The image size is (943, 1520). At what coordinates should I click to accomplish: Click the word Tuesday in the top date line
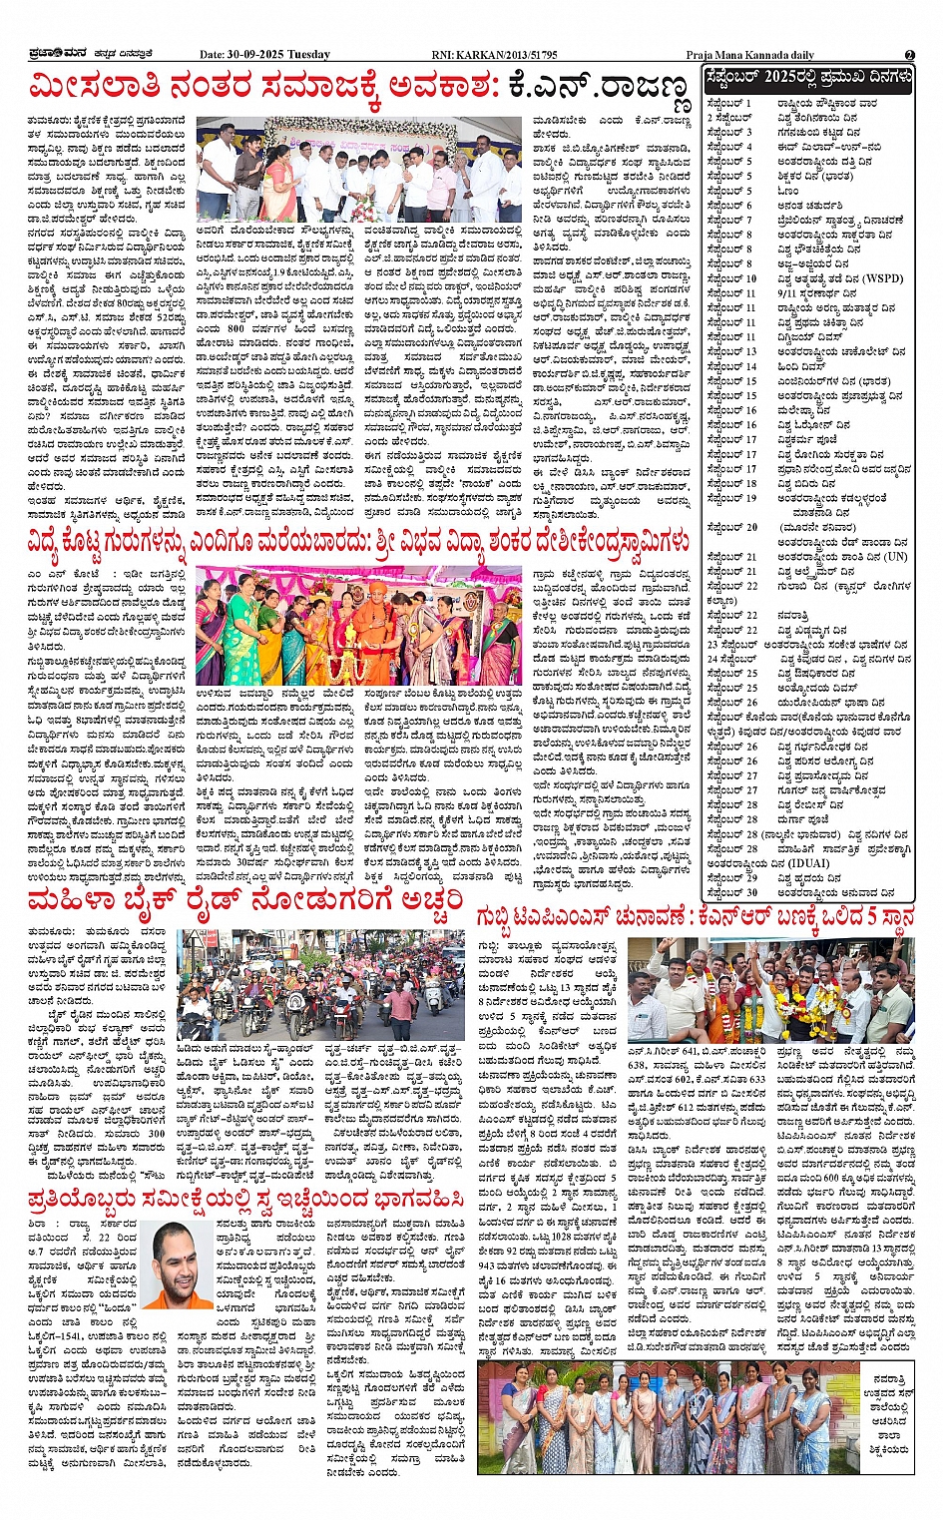pos(309,54)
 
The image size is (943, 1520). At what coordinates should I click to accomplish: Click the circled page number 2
pos(910,54)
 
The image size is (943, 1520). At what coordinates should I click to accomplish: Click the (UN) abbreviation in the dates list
pos(894,557)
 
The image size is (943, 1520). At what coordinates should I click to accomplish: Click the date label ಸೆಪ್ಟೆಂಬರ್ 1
pos(728,103)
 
